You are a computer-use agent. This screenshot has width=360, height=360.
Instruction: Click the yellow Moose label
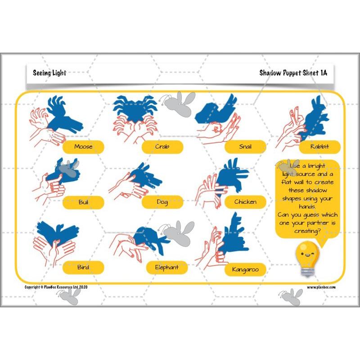(83, 147)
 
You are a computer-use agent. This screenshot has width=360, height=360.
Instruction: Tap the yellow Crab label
(162, 147)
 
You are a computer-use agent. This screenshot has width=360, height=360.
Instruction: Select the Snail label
(245, 147)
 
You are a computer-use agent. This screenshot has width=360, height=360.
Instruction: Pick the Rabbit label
(319, 147)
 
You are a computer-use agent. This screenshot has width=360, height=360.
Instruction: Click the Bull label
(83, 202)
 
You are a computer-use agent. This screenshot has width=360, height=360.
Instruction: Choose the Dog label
(162, 202)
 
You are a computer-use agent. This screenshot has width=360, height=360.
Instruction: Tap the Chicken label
(245, 202)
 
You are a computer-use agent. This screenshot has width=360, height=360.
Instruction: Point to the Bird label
(83, 267)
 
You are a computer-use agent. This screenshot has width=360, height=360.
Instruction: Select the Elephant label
(166, 267)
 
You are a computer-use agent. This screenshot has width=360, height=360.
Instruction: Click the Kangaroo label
(245, 270)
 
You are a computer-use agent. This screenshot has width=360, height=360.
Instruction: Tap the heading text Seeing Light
(49, 73)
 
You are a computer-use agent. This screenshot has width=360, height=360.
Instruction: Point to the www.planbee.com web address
(321, 287)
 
